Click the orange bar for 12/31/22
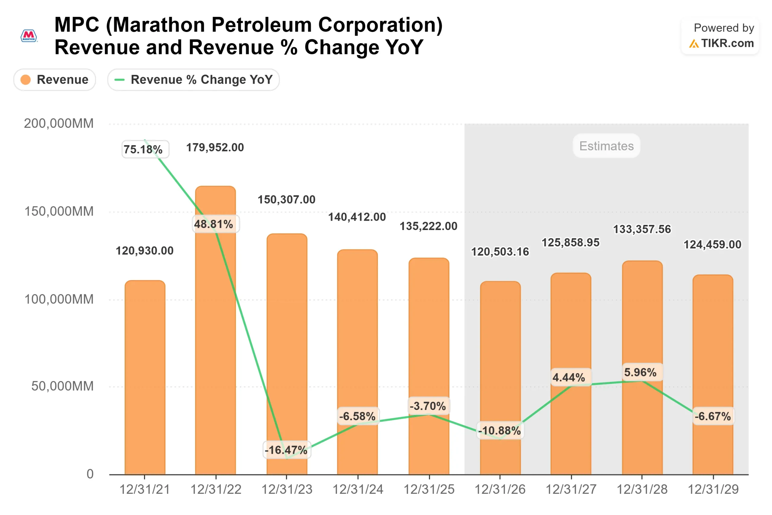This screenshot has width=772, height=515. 215,328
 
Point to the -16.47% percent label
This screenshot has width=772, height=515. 286,449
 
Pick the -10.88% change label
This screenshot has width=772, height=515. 500,430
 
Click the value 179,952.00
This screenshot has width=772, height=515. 215,148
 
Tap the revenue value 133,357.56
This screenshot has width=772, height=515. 642,229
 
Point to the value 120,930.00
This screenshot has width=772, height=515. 144,251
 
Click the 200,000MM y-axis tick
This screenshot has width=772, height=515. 59,123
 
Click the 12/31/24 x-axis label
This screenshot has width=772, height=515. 358,489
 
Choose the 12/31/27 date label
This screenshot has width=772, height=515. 571,489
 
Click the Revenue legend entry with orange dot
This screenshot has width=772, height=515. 55,79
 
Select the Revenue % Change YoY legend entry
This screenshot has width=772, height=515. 193,79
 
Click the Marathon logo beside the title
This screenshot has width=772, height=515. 29,36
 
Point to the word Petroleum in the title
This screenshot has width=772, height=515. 261,25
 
